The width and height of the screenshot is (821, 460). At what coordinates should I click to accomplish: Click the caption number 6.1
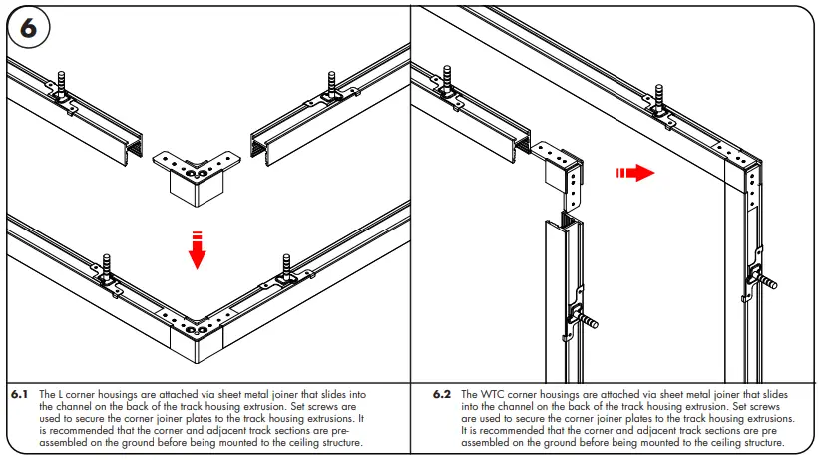(x=20, y=395)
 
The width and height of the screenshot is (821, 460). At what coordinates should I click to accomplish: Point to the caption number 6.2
(x=442, y=395)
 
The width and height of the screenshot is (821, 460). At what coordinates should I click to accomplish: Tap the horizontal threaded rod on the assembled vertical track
(x=768, y=280)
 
